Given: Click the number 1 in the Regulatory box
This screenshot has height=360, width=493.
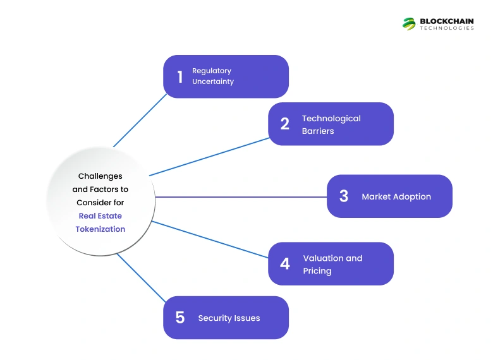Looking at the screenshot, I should pos(180,76).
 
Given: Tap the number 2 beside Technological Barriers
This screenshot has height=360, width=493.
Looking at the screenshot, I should pos(285,124).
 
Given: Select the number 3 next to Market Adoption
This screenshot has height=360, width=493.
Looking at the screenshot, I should pos(344,196).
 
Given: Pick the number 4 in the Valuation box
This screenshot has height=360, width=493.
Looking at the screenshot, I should pos(285,264).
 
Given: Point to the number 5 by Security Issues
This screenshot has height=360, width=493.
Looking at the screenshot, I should pos(180,318).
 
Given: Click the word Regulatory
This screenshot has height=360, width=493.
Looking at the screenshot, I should pos(212,71).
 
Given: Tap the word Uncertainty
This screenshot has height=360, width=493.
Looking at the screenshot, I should pos(213,81).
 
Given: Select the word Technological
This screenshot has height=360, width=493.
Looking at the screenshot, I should pos(331,118).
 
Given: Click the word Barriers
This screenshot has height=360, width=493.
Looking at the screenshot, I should pos(318,131).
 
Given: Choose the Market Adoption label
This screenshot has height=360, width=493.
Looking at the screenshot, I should pos(396,196).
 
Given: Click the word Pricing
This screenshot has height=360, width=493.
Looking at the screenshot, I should pos(317,271).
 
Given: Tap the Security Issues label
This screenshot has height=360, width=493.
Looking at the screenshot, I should pos(229,318).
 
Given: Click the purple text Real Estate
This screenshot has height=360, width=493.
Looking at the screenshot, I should pos(100,215).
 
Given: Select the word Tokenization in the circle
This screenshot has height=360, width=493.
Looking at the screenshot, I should pos(100,229).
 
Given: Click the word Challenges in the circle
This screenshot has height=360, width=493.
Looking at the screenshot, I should pos(100,176).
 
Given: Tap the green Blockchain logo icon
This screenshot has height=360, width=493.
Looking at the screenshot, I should pos(409,23).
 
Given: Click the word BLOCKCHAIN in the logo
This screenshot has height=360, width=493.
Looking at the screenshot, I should pos(447,21).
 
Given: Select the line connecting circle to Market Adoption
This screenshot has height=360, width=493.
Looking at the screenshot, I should pos(240,197).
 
